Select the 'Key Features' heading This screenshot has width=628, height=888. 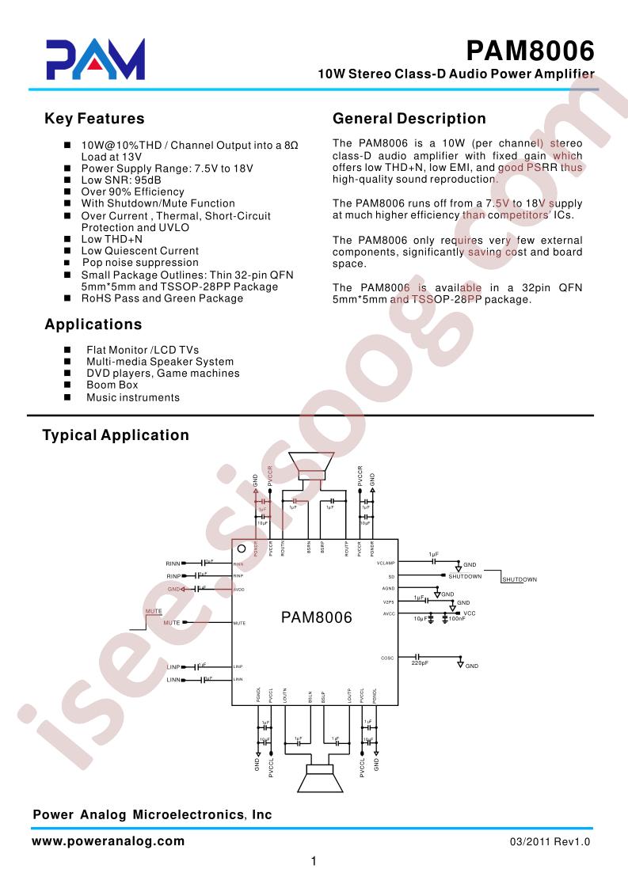(x=94, y=119)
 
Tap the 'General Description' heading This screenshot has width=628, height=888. (x=409, y=119)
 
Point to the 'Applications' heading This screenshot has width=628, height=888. (x=93, y=324)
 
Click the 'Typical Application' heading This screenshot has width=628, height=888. (x=116, y=435)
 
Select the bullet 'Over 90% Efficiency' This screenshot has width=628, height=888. (x=132, y=192)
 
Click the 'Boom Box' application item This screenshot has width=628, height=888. (x=112, y=385)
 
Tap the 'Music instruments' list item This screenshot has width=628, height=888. (x=132, y=397)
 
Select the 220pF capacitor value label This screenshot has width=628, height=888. (x=420, y=663)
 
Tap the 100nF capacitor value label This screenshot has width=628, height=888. (x=457, y=618)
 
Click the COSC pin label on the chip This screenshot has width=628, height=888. (x=387, y=658)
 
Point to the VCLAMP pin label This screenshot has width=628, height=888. (x=386, y=563)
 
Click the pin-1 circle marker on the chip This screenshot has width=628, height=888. (x=242, y=548)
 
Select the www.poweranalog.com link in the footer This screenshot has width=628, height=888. (x=108, y=842)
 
